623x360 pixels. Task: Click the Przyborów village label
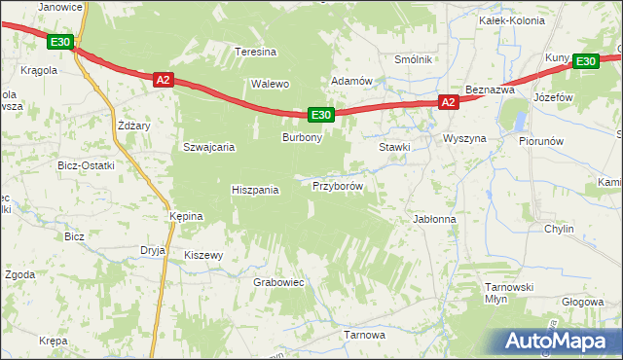338,186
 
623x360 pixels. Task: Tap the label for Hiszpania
255,191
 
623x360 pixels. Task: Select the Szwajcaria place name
209,148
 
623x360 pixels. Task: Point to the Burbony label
302,139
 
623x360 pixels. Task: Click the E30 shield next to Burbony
323,115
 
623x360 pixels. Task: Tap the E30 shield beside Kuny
585,61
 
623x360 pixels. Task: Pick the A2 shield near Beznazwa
447,101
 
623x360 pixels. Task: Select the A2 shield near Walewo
163,80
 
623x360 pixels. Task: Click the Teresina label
257,53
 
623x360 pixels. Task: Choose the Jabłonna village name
435,220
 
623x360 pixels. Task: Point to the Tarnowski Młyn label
511,294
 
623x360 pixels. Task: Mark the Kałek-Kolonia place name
503,18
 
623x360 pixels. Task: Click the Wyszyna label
464,139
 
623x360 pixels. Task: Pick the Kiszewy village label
204,256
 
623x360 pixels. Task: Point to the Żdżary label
132,126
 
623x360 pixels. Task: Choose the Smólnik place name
413,59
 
